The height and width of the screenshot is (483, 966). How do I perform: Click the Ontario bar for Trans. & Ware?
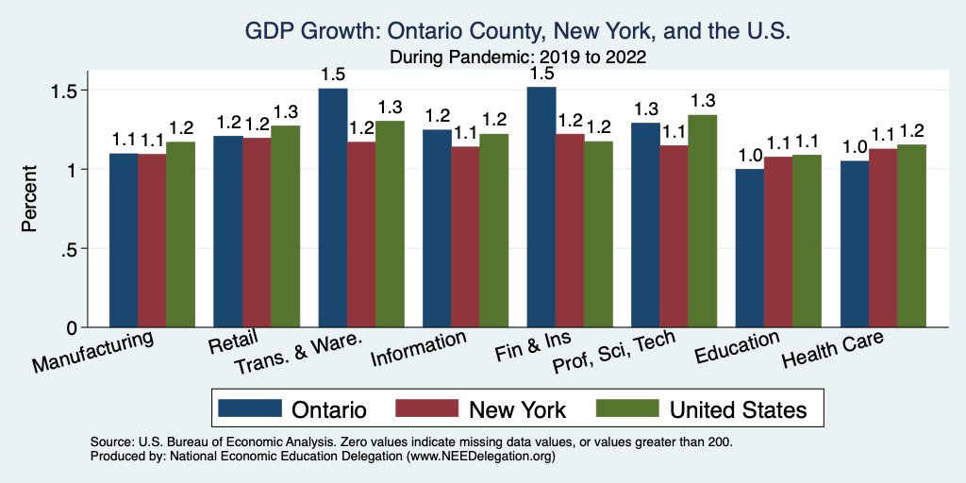click(333, 208)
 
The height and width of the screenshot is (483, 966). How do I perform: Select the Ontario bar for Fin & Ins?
click(541, 208)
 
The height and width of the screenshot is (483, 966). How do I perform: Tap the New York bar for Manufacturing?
click(152, 241)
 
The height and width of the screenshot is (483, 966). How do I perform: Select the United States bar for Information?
click(494, 230)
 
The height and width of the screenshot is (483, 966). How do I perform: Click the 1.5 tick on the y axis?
click(70, 91)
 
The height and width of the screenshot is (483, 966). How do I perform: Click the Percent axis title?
click(31, 199)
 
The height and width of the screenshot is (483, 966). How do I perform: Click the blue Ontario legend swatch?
click(250, 408)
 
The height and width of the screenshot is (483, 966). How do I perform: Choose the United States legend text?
click(738, 409)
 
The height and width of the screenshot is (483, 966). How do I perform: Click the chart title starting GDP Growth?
click(517, 32)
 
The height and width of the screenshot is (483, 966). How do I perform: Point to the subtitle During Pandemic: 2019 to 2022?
click(517, 57)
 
